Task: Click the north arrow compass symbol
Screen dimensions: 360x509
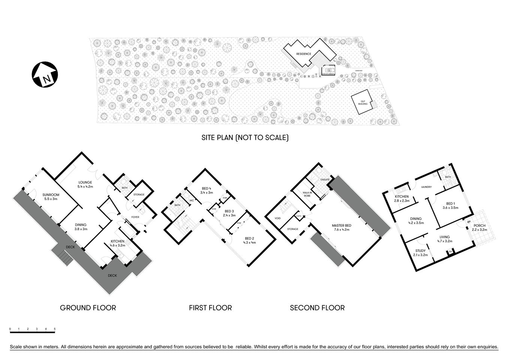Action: (45, 75)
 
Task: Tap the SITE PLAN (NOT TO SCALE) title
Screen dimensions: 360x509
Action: (245, 138)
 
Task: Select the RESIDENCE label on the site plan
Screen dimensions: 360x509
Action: (304, 54)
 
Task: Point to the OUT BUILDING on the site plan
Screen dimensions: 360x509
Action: (362, 102)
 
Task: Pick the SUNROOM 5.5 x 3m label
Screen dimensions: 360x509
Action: (50, 197)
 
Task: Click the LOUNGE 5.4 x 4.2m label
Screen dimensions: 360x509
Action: (85, 184)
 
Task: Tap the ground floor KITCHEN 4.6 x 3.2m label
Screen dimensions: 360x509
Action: (117, 243)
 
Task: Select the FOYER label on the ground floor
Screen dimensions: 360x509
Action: (135, 217)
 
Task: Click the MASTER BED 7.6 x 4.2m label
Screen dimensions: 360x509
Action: (341, 228)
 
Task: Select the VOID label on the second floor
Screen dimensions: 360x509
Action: (277, 218)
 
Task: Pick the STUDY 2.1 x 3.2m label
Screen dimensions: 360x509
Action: (421, 253)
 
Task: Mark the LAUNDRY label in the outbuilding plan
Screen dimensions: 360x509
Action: (427, 187)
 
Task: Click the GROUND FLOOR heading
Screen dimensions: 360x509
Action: (88, 308)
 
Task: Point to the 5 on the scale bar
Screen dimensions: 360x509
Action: (55, 329)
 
